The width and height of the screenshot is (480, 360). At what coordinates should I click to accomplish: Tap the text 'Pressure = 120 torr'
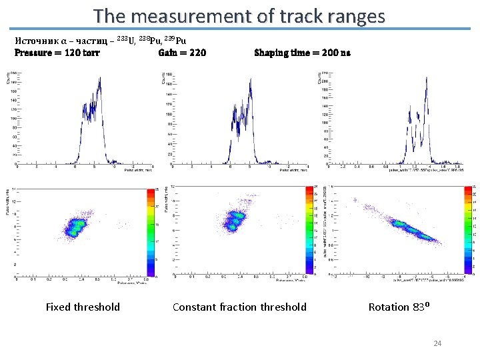click(x=57, y=53)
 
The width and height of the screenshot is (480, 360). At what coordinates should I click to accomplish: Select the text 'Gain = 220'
click(x=182, y=53)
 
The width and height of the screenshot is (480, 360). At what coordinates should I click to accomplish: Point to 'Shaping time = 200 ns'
click(x=302, y=53)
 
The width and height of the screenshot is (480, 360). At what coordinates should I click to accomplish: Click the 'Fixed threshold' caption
click(x=83, y=307)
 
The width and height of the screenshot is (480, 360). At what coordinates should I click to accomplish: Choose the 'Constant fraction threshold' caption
click(x=239, y=307)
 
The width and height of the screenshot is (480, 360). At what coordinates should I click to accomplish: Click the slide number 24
click(x=437, y=343)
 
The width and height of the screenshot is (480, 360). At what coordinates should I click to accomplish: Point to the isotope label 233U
click(x=127, y=39)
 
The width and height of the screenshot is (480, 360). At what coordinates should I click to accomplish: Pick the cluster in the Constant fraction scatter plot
click(x=235, y=219)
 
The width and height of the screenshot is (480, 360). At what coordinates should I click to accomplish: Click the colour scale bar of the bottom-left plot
click(x=150, y=231)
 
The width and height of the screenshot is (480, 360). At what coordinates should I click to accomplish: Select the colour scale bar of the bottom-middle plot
click(x=309, y=231)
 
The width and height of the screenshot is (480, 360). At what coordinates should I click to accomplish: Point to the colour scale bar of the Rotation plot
click(x=467, y=231)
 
